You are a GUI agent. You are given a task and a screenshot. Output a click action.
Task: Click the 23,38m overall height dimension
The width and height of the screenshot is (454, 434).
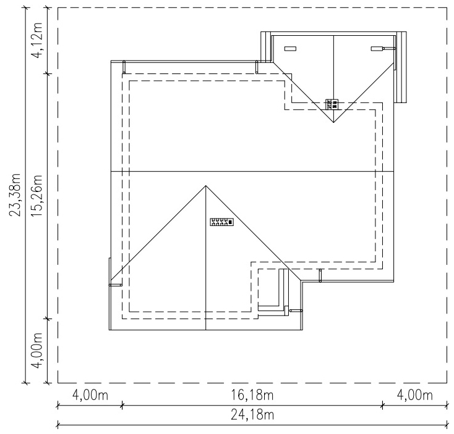coord(15,194)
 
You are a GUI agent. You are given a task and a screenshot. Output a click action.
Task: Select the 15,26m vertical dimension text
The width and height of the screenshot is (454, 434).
coord(36,196)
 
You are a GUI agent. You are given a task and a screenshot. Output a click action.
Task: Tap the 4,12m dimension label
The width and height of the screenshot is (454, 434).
coord(36,40)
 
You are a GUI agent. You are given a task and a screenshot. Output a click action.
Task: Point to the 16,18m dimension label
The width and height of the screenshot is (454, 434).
coord(252,395)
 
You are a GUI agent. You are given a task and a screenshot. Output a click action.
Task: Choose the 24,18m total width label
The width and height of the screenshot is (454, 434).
coord(252,415)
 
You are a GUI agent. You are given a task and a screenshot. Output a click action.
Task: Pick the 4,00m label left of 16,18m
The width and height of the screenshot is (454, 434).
coord(90,395)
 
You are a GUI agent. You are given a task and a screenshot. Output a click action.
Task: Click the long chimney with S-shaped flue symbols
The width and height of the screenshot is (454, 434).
coord(221,222)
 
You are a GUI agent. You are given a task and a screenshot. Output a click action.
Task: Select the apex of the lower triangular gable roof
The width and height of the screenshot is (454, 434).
coord(206,185)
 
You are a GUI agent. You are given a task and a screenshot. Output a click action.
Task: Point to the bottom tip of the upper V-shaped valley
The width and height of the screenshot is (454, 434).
coord(333,122)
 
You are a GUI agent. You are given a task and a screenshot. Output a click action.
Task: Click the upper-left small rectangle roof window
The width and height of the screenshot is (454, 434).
coord(290,49)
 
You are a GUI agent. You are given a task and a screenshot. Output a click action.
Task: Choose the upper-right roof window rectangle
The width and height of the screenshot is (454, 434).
coord(377,49)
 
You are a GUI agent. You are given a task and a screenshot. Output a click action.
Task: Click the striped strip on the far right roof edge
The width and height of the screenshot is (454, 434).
coord(401,67)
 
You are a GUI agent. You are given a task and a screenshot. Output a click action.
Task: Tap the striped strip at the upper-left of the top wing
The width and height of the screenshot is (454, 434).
coord(266,47)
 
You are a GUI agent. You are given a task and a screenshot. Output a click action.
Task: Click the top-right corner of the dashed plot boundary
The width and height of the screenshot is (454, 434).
coord(446,8)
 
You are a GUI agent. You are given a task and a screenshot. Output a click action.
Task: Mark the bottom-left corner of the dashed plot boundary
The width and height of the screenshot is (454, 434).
coord(58,383)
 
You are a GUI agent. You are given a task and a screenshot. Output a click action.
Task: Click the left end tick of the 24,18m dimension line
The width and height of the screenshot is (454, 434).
coord(58,425)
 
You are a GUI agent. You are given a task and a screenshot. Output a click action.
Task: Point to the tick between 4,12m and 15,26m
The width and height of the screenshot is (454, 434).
coord(48,74)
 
